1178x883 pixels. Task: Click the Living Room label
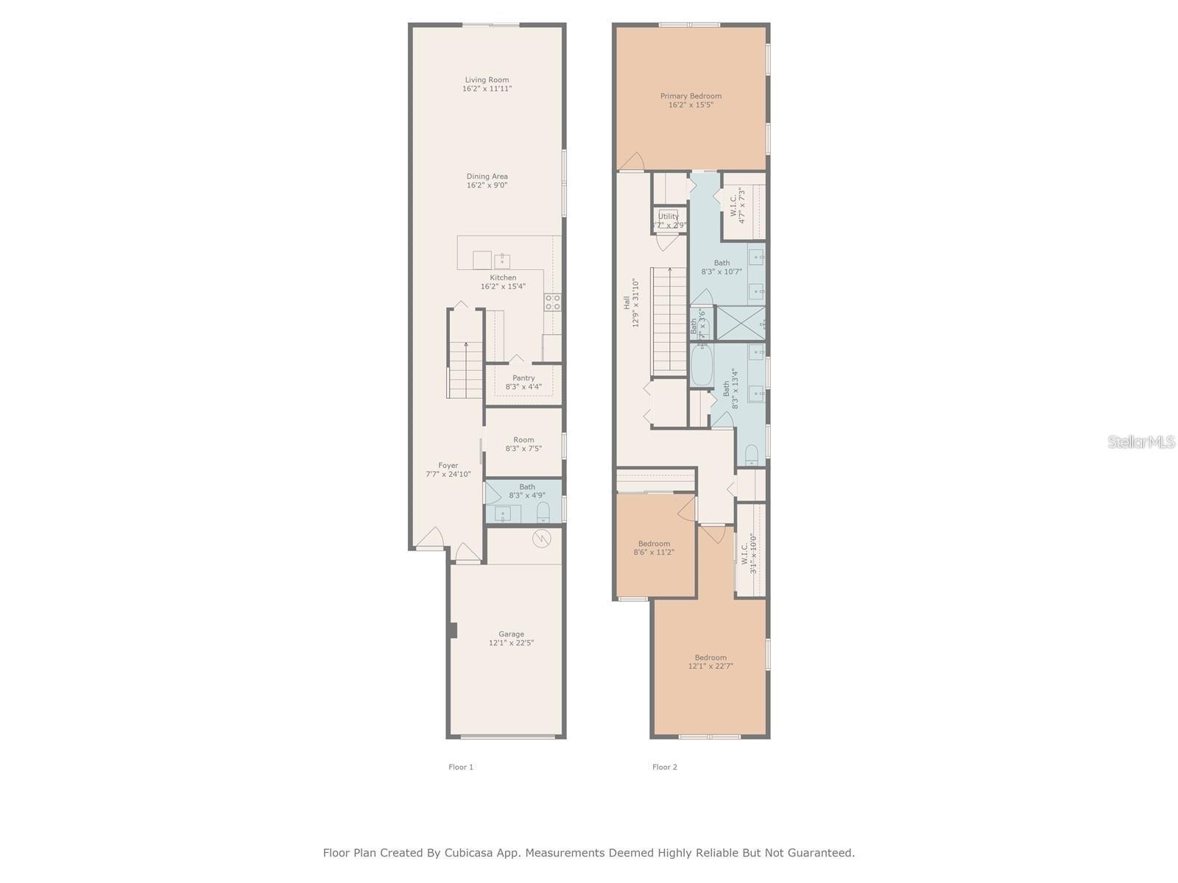tap(487, 79)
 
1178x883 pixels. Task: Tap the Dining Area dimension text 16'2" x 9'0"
tap(487, 185)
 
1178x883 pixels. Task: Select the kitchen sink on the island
tap(502, 260)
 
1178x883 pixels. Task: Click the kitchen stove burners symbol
tap(552, 302)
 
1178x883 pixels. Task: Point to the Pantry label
tap(523, 378)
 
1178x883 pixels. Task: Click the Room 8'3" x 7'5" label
tap(523, 444)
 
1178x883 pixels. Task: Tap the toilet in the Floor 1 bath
tap(543, 512)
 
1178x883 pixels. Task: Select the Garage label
tap(511, 634)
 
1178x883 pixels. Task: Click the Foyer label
tap(448, 466)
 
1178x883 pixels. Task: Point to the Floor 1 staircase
tap(465, 371)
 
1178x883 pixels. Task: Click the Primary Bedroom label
tap(691, 96)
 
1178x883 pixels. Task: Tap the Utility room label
tap(669, 216)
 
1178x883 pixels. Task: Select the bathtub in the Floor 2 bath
tap(701, 366)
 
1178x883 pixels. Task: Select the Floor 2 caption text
tap(664, 767)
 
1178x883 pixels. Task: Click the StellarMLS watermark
tap(1141, 442)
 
